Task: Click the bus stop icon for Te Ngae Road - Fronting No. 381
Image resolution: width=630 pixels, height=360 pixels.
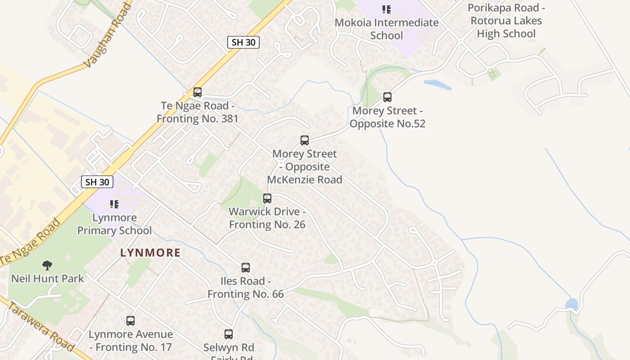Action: [x=197, y=92]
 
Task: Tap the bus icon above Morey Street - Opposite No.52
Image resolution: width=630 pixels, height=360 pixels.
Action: [x=387, y=97]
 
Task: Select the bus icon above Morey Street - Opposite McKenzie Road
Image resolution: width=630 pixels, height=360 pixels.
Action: [x=305, y=140]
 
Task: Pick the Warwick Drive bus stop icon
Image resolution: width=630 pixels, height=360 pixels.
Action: [x=267, y=198]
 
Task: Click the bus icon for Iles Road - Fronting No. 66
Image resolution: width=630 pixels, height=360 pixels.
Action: [x=246, y=268]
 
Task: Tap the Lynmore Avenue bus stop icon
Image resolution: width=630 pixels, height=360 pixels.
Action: [x=130, y=321]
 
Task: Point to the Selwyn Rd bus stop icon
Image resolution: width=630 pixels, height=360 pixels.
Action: [x=229, y=334]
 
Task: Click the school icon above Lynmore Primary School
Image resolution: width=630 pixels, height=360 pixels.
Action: [x=114, y=204]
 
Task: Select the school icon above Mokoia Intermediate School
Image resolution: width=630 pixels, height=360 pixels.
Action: [x=386, y=9]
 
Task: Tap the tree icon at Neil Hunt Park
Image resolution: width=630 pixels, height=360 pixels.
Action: [x=47, y=265]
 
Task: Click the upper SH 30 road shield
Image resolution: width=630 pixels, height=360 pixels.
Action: [x=243, y=42]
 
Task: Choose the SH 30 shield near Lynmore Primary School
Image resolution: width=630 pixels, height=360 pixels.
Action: [x=97, y=182]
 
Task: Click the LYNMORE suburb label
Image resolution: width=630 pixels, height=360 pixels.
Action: [x=150, y=253]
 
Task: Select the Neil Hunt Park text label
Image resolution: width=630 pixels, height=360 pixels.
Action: [x=48, y=279]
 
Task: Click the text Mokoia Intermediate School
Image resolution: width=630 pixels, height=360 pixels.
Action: [x=387, y=29]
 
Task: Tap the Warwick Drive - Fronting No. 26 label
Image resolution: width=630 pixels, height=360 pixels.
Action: [x=267, y=218]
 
